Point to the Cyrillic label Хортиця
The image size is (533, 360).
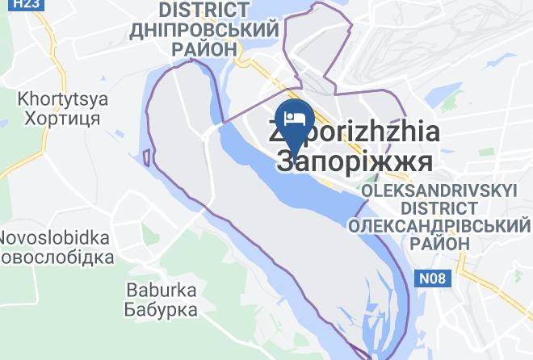click(x=59, y=118)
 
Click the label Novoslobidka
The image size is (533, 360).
click(x=54, y=238)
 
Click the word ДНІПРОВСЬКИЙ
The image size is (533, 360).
click(x=204, y=30)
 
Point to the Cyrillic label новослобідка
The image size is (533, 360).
click(x=57, y=257)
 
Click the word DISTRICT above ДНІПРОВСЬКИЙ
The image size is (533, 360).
click(x=204, y=10)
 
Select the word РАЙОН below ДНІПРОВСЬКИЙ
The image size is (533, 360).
click(x=204, y=48)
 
